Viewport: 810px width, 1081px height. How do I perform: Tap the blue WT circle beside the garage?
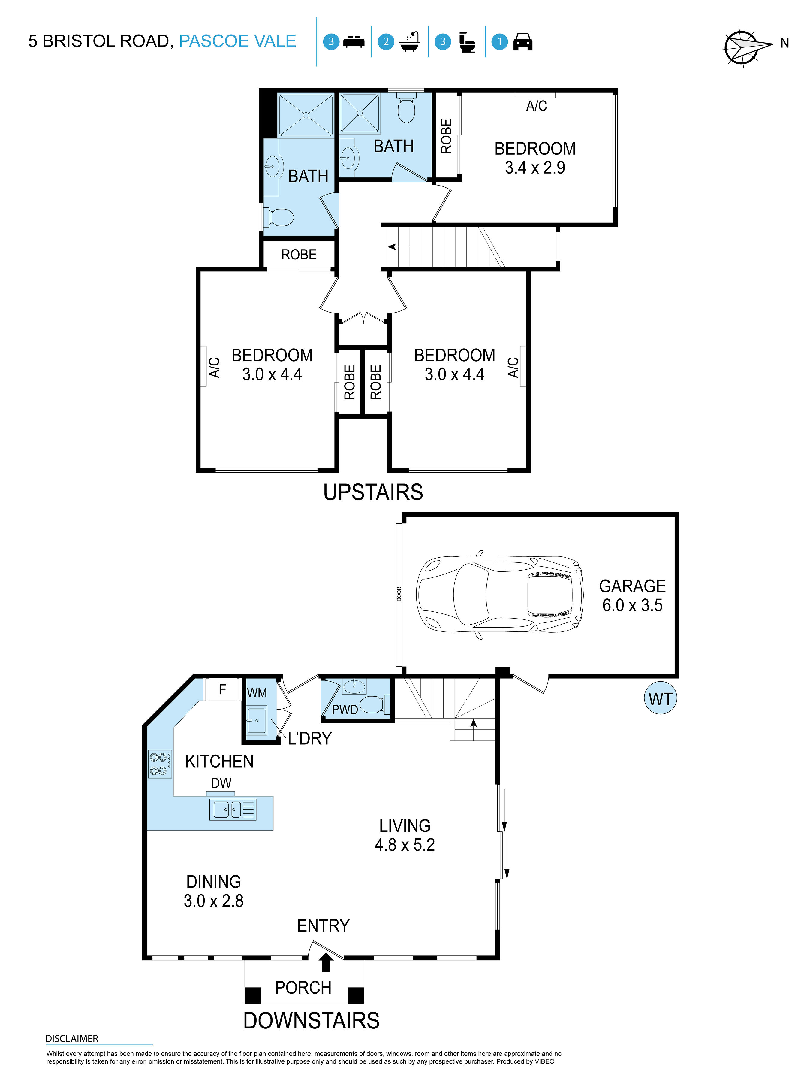pyautogui.click(x=660, y=699)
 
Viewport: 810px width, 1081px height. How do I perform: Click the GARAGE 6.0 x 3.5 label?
pyautogui.click(x=632, y=595)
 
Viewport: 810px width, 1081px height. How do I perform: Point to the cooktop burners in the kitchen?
pyautogui.click(x=160, y=763)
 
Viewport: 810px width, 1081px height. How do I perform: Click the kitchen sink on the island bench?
pyautogui.click(x=233, y=809)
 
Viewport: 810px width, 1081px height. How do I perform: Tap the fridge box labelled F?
pyautogui.click(x=223, y=689)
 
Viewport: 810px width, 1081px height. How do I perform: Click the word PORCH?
pyautogui.click(x=303, y=988)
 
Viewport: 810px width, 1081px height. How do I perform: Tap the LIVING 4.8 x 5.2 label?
pyautogui.click(x=405, y=835)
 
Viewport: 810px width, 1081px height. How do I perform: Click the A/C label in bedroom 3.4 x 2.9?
pyautogui.click(x=536, y=106)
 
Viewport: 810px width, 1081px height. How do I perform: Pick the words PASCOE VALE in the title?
pyautogui.click(x=237, y=41)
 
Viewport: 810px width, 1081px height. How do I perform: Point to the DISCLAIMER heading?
pyautogui.click(x=71, y=1038)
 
